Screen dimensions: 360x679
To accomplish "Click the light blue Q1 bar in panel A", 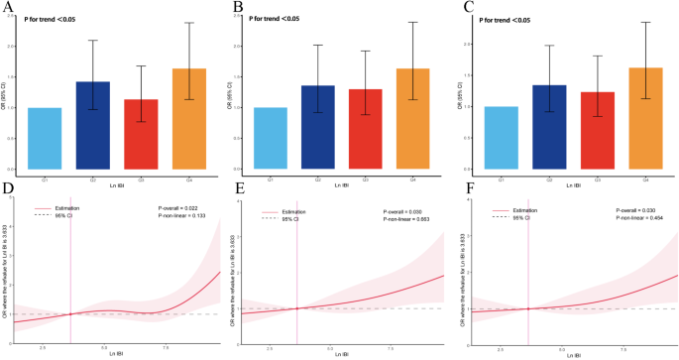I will [x=46, y=139].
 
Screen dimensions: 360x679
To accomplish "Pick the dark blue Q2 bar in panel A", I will [x=92, y=126].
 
